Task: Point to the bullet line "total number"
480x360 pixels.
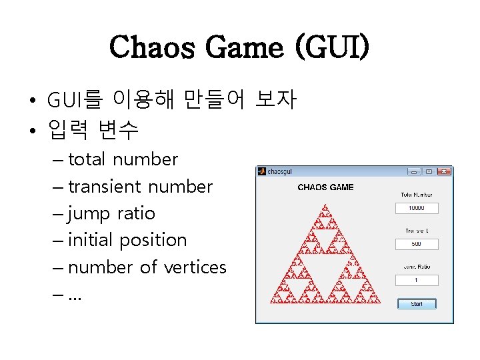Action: [123, 159]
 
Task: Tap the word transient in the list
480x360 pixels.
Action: [105, 187]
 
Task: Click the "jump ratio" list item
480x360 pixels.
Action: [111, 213]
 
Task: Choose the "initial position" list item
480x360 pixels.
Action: [127, 240]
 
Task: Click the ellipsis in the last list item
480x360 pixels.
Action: [75, 294]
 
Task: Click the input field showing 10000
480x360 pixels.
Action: [417, 208]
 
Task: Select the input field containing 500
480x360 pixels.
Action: [417, 244]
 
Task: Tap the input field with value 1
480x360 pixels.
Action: [417, 280]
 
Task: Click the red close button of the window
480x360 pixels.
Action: [443, 171]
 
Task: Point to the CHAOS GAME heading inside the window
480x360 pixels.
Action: [325, 187]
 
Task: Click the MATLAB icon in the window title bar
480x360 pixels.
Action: [262, 171]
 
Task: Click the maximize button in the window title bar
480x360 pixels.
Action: [429, 171]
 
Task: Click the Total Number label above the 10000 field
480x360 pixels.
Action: [417, 195]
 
